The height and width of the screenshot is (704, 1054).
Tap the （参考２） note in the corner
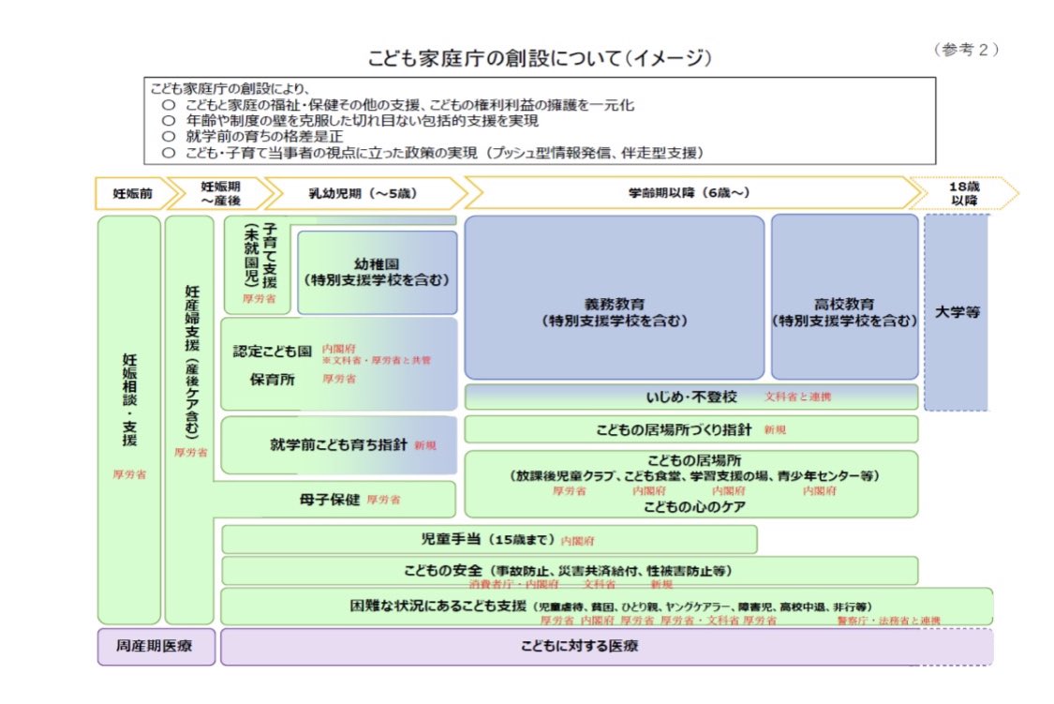click(965, 50)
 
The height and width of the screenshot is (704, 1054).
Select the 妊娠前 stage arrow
click(132, 193)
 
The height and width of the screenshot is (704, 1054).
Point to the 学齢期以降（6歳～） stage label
click(689, 193)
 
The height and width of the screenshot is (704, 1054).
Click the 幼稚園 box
click(378, 272)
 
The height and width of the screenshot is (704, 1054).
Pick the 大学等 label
click(958, 312)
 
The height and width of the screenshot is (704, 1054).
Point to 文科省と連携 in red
click(797, 397)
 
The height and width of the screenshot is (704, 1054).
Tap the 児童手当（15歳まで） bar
click(489, 540)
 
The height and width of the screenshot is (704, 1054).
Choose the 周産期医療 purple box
click(156, 647)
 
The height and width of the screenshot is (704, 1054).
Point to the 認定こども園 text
click(272, 352)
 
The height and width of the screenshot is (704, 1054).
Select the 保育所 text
click(273, 380)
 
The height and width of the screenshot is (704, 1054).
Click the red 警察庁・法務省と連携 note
click(888, 621)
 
